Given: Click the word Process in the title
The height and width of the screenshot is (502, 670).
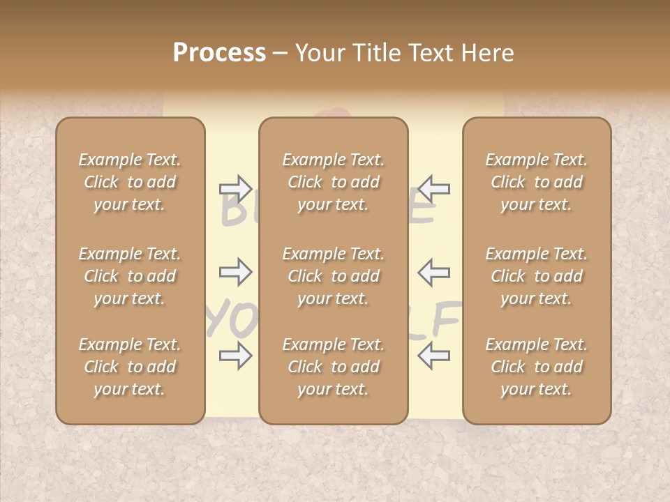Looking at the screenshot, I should tap(219, 53).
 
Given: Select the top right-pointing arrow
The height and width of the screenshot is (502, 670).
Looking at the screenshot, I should tap(235, 188).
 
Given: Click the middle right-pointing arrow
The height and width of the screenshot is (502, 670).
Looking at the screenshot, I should tap(235, 272).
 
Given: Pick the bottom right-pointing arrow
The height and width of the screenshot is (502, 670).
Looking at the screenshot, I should tap(235, 356).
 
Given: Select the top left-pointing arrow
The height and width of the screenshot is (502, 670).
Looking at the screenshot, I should tap(434, 188).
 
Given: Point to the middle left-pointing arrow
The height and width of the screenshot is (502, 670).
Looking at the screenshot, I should tap(434, 272).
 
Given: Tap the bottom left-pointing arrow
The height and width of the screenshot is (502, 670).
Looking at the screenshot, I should tap(434, 356).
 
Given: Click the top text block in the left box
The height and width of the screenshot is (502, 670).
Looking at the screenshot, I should tap(130, 182).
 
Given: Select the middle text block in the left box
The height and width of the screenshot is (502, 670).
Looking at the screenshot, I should tap(130, 276).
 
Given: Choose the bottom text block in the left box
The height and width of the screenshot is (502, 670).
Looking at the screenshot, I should tap(130, 367).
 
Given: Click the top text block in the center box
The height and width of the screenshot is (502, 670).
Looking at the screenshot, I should tap(334, 182).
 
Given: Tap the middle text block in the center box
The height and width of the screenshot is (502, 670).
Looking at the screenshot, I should tap(334, 276).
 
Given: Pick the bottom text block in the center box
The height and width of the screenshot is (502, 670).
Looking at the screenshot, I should tap(334, 367).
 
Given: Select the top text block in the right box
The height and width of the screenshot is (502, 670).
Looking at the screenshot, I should tap(537, 182).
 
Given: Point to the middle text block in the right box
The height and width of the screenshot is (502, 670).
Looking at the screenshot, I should tap(537, 276).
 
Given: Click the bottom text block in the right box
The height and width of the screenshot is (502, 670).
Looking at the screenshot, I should tap(537, 367).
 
